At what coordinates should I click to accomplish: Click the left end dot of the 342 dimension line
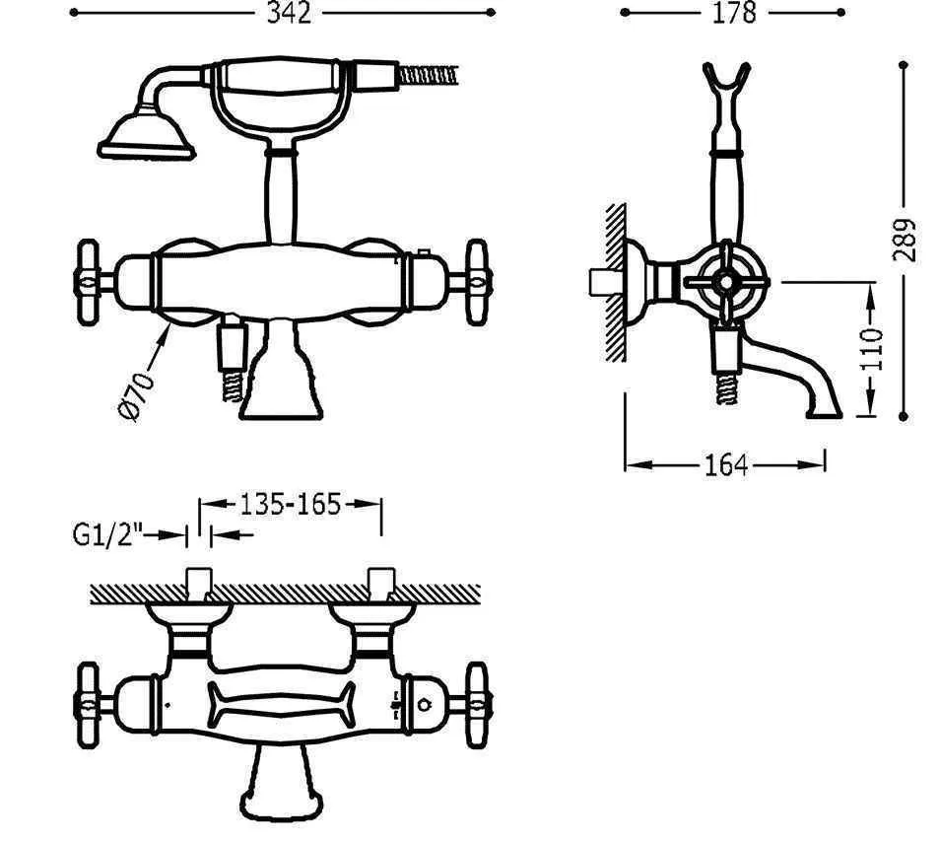[x=74, y=12]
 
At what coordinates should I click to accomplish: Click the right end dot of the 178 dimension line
[x=842, y=12]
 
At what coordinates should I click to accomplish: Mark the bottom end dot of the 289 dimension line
[x=904, y=416]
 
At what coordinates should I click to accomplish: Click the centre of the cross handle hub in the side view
[x=726, y=281]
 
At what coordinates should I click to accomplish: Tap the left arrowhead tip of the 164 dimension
[x=626, y=464]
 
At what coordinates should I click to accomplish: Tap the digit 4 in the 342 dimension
[x=290, y=13]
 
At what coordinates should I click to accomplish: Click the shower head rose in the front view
[x=146, y=134]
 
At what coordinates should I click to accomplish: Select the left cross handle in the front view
[x=88, y=282]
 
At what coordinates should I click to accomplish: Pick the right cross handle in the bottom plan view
[x=477, y=705]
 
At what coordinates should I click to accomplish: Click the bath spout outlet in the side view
[x=825, y=412]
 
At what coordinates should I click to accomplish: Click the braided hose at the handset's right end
[x=428, y=76]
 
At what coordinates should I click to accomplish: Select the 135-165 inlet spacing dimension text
[x=290, y=505]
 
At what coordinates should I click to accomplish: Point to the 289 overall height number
[x=904, y=241]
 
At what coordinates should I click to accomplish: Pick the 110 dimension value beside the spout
[x=872, y=349]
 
